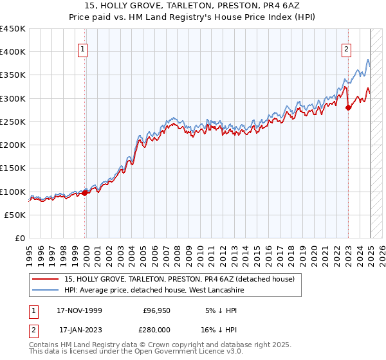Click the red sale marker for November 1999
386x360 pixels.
(x=85, y=192)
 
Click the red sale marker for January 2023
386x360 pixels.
(x=348, y=107)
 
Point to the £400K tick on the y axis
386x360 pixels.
(x=13, y=52)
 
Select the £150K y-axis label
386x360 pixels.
(x=13, y=168)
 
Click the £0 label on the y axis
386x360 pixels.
(x=20, y=239)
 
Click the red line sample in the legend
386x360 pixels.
(x=46, y=279)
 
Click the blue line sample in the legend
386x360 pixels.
(x=46, y=291)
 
